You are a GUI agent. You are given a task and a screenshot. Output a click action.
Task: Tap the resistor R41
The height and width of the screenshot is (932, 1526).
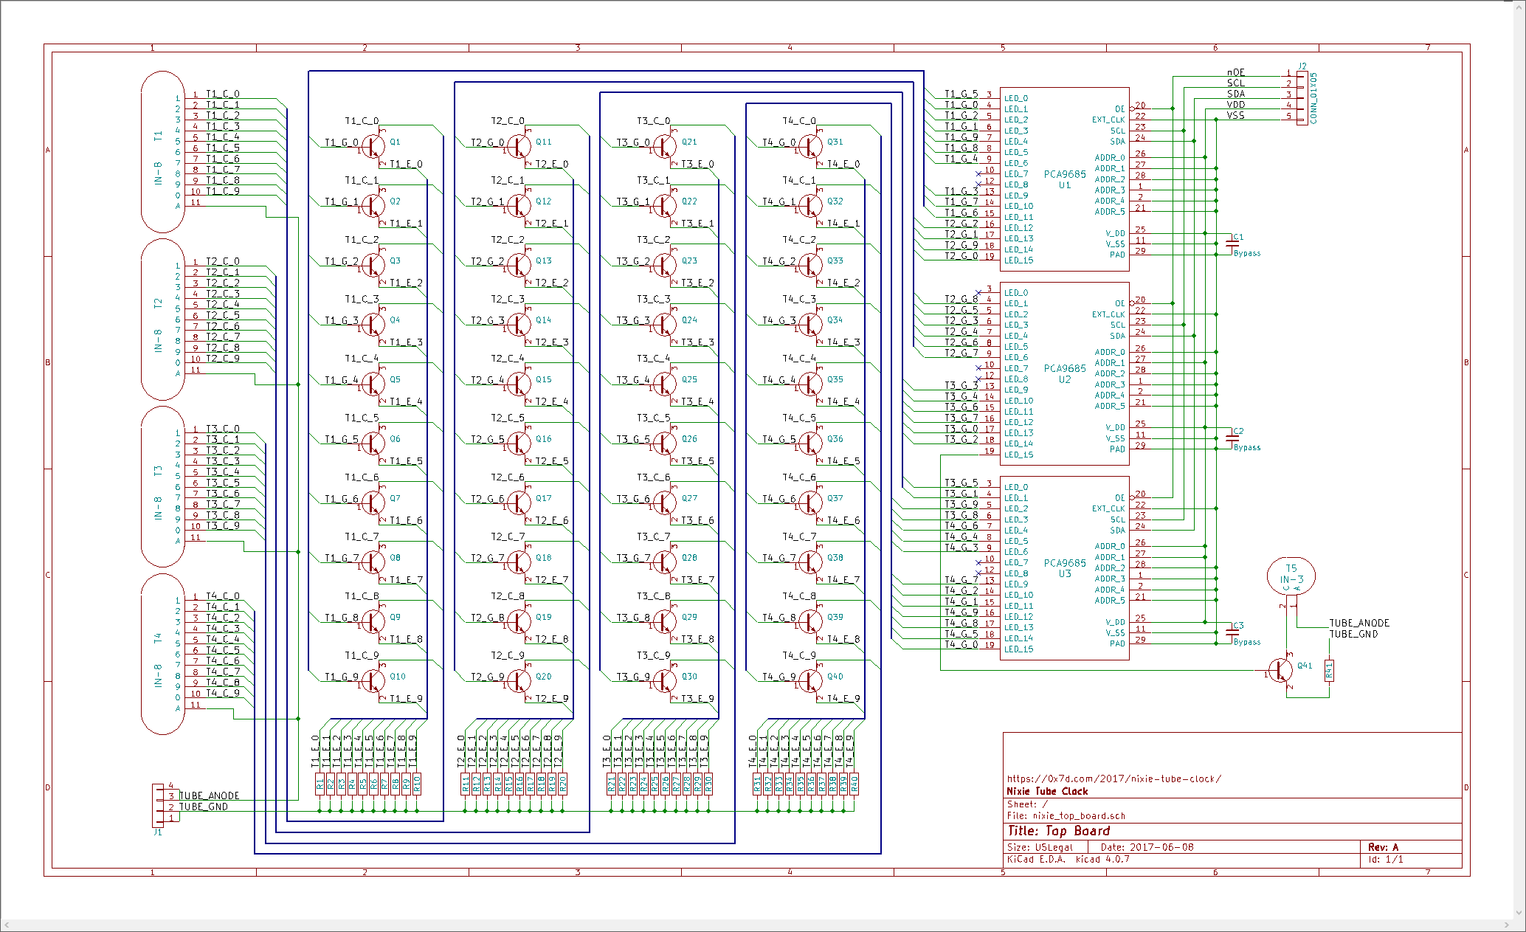[1329, 670]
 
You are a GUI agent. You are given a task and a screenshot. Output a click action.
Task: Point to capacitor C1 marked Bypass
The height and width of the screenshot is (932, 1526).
[1232, 242]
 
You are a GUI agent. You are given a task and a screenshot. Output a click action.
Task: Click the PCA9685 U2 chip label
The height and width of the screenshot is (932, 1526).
[1064, 373]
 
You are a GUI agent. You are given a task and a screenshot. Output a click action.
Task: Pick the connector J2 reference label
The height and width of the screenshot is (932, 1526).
[1302, 66]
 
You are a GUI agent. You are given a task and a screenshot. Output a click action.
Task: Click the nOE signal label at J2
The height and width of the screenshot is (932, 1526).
[1236, 72]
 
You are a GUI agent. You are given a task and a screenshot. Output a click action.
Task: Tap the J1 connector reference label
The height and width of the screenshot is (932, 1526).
[157, 832]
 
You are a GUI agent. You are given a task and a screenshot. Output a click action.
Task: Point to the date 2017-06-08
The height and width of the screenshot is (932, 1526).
[1161, 847]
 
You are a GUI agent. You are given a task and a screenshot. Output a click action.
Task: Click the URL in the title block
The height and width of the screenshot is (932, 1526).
[1114, 779]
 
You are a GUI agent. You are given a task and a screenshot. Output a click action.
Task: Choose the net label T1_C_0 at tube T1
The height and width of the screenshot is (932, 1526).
[222, 94]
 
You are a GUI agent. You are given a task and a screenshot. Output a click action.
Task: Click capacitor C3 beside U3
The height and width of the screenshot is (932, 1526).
[1232, 631]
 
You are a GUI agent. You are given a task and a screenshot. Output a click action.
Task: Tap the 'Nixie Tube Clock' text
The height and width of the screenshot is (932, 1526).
[1047, 791]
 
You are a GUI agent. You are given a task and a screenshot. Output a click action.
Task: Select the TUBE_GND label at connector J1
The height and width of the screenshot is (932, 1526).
[204, 807]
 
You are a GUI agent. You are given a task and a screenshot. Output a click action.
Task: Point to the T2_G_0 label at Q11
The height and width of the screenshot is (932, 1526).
[488, 142]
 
